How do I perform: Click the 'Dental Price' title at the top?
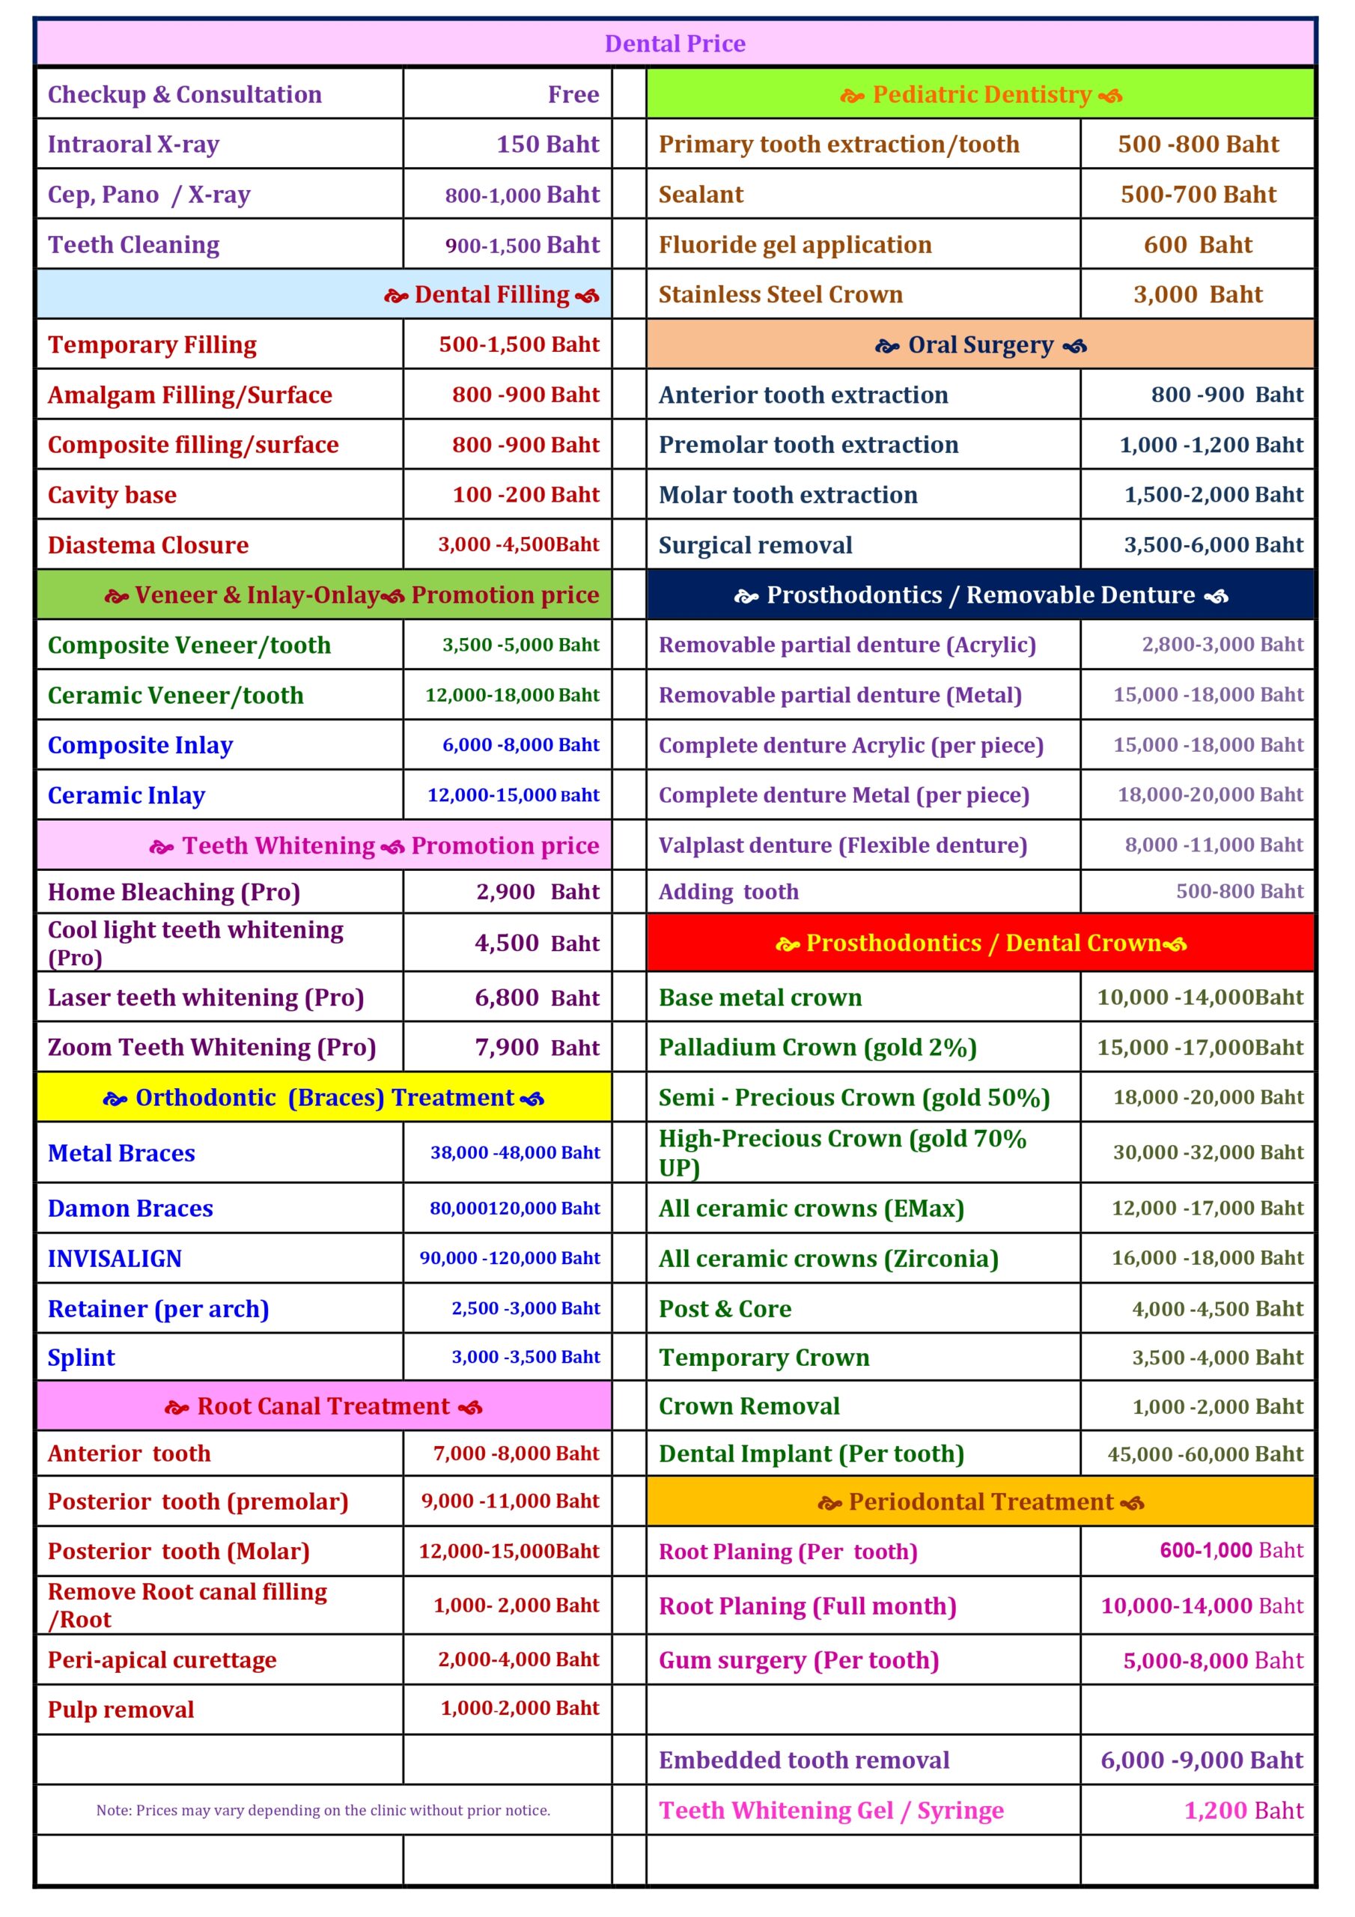click(675, 43)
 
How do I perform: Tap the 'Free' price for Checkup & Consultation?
click(573, 94)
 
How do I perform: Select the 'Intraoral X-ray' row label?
click(133, 145)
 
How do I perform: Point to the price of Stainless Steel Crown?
click(1197, 295)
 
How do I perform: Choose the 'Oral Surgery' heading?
click(980, 344)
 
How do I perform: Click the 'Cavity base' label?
click(112, 495)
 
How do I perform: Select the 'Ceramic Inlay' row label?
click(126, 796)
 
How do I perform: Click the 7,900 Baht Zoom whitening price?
click(537, 1047)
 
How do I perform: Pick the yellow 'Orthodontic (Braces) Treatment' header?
click(324, 1098)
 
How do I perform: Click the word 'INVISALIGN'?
click(115, 1258)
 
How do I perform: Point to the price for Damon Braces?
click(514, 1208)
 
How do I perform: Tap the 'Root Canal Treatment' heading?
click(324, 1407)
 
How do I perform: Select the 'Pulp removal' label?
click(121, 1709)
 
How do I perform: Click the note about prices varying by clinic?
click(323, 1810)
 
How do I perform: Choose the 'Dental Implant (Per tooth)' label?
click(811, 1454)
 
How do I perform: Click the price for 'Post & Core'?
click(1217, 1308)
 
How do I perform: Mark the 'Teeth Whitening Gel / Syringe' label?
click(831, 1810)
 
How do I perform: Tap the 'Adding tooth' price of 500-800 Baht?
click(1239, 892)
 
